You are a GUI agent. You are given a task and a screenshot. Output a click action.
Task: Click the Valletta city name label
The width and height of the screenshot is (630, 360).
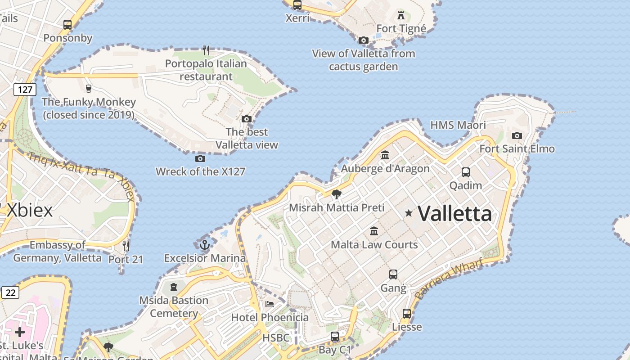(x=455, y=213)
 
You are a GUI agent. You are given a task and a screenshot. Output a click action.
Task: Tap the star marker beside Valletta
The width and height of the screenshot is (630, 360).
(x=409, y=213)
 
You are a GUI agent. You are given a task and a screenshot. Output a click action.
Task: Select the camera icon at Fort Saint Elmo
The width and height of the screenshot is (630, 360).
(x=517, y=135)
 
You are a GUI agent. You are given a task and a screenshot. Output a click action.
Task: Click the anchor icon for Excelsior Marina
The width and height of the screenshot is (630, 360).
(x=205, y=245)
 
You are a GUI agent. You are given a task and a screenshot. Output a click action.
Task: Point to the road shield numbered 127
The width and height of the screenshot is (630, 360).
(x=25, y=90)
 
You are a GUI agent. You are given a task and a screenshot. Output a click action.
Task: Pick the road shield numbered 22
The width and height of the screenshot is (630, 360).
(x=11, y=293)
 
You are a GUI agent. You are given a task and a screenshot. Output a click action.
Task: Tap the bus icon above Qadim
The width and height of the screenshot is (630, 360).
(x=466, y=172)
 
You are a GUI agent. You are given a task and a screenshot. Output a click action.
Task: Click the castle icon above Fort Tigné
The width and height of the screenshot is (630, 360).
(x=401, y=15)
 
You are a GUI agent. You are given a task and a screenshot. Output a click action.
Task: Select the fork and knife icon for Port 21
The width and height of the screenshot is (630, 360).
(x=126, y=246)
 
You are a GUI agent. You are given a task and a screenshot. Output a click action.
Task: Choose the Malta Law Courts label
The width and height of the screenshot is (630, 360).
(x=374, y=245)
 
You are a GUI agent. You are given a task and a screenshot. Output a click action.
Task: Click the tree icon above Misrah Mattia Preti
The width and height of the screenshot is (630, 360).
(x=336, y=194)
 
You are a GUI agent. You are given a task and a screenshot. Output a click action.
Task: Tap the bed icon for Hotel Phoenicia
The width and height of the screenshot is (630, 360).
(x=270, y=304)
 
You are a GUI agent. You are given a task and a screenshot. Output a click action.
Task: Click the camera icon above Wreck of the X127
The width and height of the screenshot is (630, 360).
(x=200, y=158)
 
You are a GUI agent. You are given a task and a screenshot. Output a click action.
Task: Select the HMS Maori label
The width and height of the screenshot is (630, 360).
(x=458, y=125)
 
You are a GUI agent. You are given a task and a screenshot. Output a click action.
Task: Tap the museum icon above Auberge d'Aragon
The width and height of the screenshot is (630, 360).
(x=385, y=155)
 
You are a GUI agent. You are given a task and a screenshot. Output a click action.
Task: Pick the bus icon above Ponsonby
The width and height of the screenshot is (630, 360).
(x=67, y=25)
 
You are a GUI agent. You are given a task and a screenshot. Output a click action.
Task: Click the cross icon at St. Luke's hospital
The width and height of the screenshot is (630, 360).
(x=20, y=332)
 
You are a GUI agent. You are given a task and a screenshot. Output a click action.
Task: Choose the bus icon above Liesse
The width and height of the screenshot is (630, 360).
(x=407, y=314)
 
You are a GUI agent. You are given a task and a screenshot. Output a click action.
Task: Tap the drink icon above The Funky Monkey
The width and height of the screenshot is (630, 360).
(x=89, y=88)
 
